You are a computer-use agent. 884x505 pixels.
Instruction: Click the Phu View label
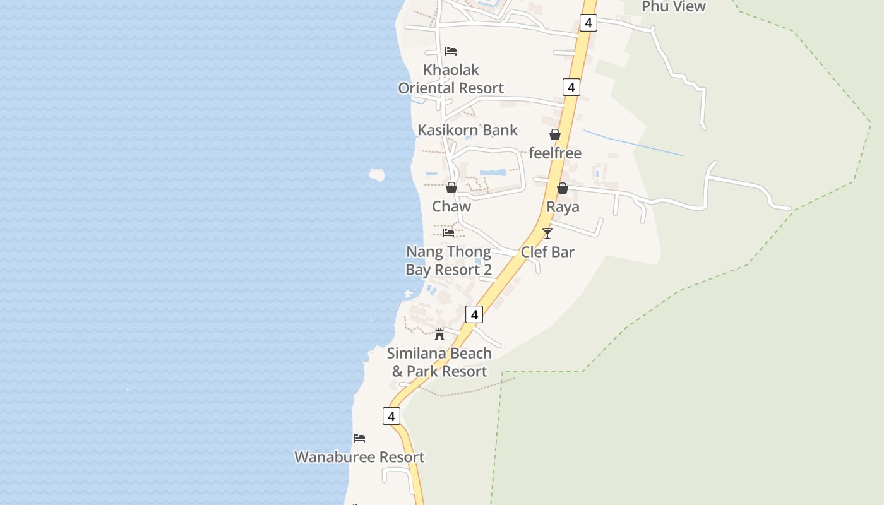(673, 6)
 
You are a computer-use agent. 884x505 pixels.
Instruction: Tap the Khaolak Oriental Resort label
(451, 79)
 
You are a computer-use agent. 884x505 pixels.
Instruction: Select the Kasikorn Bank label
(467, 130)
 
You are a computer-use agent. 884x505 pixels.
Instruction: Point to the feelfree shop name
(555, 153)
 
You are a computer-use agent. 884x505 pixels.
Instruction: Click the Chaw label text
(451, 206)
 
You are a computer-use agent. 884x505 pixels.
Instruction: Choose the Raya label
(563, 207)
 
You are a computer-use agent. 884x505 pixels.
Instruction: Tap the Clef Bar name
(547, 252)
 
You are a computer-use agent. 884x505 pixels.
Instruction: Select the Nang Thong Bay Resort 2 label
(448, 261)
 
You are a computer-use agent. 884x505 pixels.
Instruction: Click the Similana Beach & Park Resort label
(439, 362)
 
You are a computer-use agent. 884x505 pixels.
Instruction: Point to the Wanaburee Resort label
(359, 457)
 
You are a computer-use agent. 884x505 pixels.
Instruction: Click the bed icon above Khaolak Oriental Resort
(451, 51)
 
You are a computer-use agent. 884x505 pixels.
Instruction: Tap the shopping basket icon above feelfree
(555, 134)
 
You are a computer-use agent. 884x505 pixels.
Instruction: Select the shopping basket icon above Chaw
(451, 187)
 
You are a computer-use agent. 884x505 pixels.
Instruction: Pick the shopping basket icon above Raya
(563, 188)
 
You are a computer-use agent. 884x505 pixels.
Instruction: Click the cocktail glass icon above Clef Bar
(547, 234)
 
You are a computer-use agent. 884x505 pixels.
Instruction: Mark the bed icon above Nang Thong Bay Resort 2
(448, 232)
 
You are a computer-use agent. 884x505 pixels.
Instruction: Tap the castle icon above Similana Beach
(439, 334)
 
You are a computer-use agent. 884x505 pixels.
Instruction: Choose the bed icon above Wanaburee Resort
(359, 438)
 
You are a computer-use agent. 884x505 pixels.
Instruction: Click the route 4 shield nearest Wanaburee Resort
(391, 416)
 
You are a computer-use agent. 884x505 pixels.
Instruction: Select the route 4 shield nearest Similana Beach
(474, 314)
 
